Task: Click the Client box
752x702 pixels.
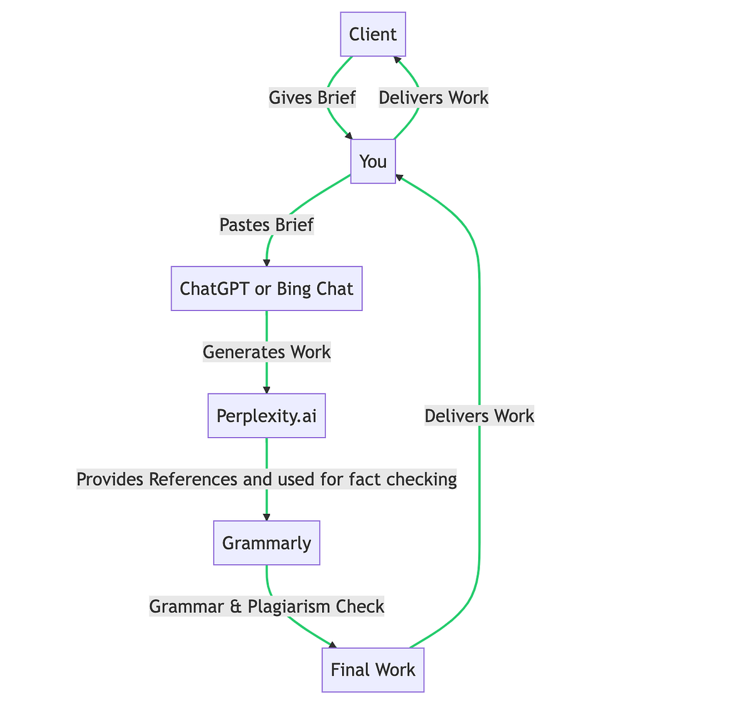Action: tap(373, 34)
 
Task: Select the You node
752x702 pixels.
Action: tap(373, 161)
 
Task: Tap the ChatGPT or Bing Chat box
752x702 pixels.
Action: tap(266, 288)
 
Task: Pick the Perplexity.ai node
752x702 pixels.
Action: tap(266, 416)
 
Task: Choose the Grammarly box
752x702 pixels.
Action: tap(266, 543)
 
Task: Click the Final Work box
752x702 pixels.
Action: tap(373, 669)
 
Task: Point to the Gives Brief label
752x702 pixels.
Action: tap(312, 98)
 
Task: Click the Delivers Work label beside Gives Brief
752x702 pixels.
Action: tap(434, 98)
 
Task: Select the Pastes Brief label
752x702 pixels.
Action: tap(266, 224)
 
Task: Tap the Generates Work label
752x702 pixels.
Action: tap(266, 352)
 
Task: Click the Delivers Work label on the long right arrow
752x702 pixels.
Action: tap(479, 416)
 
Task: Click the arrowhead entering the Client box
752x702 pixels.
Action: tap(396, 60)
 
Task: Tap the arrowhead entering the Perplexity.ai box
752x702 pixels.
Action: tap(266, 390)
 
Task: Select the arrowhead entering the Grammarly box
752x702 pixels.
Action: tap(266, 517)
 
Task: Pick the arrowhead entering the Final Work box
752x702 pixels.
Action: tap(332, 644)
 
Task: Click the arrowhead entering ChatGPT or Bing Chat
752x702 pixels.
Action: tap(266, 263)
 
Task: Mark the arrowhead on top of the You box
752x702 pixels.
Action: tap(349, 135)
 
